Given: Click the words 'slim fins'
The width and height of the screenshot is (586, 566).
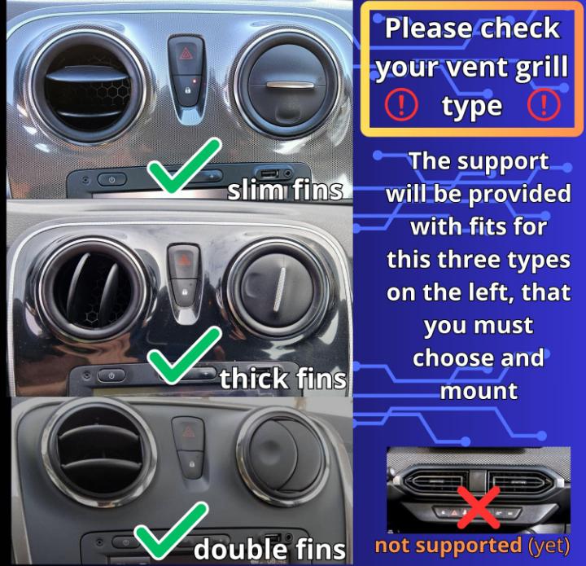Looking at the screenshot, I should [x=284, y=191].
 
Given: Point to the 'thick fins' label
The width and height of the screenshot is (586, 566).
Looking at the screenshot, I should [x=282, y=378].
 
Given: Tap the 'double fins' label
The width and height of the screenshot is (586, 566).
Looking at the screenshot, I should [x=269, y=548].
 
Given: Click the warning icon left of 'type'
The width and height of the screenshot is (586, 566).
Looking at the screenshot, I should [x=405, y=104].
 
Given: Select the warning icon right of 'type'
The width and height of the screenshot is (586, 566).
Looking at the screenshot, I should [x=544, y=104].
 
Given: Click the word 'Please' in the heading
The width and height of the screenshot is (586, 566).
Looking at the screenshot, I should [x=426, y=29].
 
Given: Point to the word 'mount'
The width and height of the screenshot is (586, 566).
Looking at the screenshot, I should [x=479, y=390].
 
